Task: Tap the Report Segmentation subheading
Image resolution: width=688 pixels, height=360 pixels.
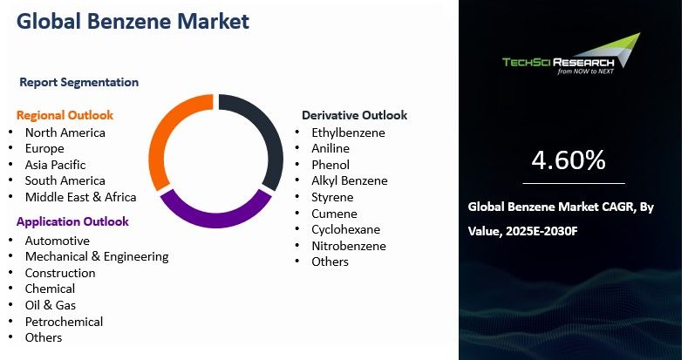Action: (x=78, y=82)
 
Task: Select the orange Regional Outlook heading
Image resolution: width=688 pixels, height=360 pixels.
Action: (x=65, y=115)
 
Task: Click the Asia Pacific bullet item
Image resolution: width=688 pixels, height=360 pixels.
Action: (x=55, y=165)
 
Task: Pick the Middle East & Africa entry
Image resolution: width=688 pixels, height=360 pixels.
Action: (x=80, y=197)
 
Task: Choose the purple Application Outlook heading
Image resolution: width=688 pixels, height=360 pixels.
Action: (x=72, y=221)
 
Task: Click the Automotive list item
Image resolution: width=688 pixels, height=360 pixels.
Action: (x=57, y=241)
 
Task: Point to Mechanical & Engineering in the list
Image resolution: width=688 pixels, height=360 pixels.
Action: (x=96, y=256)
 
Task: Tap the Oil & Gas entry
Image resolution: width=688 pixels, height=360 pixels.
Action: (x=51, y=305)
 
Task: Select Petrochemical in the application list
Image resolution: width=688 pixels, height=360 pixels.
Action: (x=64, y=322)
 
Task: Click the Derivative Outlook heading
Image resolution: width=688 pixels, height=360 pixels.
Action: (x=354, y=115)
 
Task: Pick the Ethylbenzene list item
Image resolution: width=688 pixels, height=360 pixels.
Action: (x=348, y=132)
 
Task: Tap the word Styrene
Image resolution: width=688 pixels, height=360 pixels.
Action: (x=333, y=197)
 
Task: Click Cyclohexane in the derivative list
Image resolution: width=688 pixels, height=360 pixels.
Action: (x=345, y=229)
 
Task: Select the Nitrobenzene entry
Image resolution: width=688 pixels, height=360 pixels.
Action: (x=348, y=246)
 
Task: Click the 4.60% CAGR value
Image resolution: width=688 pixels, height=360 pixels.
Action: (x=568, y=160)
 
